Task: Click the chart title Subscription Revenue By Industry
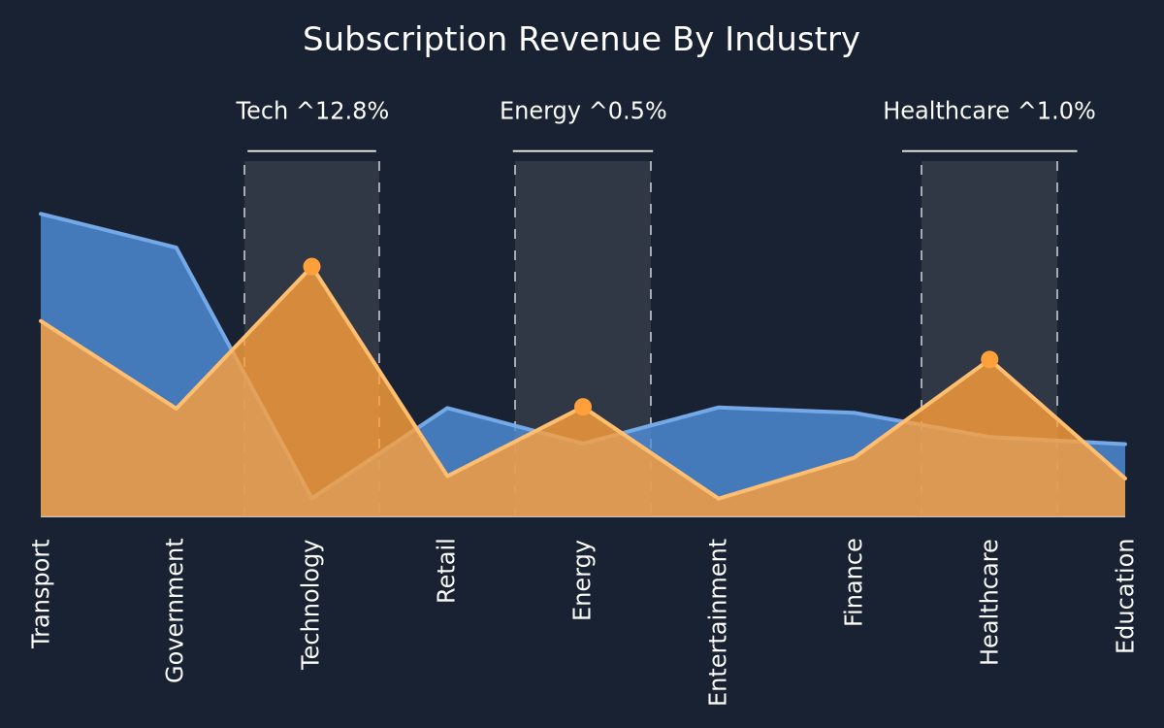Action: [581, 40]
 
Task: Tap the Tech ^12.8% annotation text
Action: [311, 111]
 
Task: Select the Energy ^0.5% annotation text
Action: [583, 112]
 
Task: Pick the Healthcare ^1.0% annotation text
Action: [989, 111]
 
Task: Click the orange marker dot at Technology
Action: [311, 267]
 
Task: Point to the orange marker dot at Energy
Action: [583, 407]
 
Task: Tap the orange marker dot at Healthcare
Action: [989, 359]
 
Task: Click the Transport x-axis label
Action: [41, 594]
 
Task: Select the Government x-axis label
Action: [175, 611]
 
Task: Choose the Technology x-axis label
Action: [311, 605]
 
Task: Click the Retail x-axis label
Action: [446, 571]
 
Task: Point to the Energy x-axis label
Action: [583, 579]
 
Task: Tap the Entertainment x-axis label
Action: [718, 622]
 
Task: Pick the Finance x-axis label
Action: [854, 582]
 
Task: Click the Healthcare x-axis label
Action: [988, 602]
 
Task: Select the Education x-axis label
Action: [1125, 596]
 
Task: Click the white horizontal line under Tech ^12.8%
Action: [311, 151]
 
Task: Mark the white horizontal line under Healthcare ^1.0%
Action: [989, 151]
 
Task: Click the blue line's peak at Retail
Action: [447, 409]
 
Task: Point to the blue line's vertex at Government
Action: [177, 248]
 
